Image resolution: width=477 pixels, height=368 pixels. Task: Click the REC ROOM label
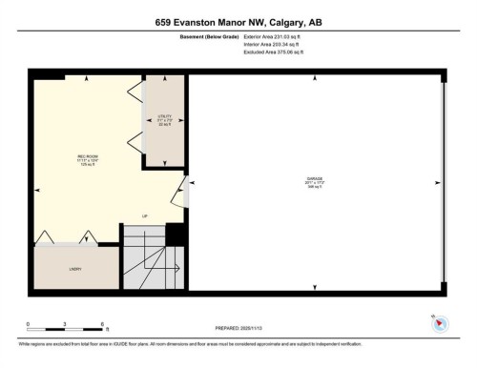click(x=89, y=158)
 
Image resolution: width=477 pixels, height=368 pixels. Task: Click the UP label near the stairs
click(x=145, y=215)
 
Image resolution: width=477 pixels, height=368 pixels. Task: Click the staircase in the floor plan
click(x=143, y=257)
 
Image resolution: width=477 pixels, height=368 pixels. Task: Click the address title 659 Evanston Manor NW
click(x=238, y=20)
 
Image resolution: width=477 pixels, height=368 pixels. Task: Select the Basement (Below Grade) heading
click(x=208, y=37)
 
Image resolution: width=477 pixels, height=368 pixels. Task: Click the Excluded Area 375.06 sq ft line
click(x=279, y=52)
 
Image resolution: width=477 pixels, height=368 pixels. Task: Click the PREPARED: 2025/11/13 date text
click(x=238, y=329)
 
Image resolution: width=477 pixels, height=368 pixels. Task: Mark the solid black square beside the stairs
click(x=176, y=235)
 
